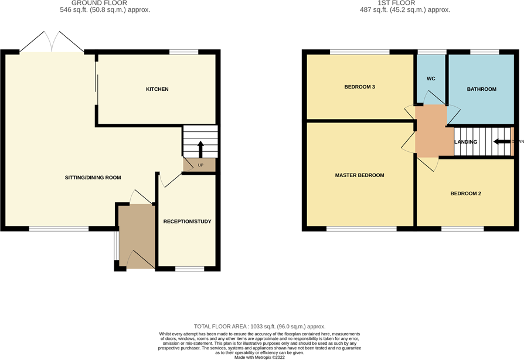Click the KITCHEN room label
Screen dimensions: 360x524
pyautogui.click(x=157, y=89)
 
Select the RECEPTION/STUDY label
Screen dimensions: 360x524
pyautogui.click(x=187, y=222)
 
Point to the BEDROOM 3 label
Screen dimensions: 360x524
pyautogui.click(x=359, y=87)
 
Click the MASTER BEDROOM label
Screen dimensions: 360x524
pyautogui.click(x=359, y=175)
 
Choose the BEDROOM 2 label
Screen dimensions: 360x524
pyautogui.click(x=465, y=193)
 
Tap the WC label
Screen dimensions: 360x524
pyautogui.click(x=431, y=78)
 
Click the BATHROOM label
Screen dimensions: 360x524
pyautogui.click(x=481, y=89)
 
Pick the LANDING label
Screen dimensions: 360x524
pyautogui.click(x=465, y=142)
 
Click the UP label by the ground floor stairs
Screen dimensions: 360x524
pyautogui.click(x=199, y=165)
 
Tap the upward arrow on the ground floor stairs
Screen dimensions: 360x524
pyautogui.click(x=199, y=148)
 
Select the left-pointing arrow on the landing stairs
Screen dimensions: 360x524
pyautogui.click(x=502, y=141)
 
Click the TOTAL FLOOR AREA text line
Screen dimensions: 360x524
pyautogui.click(x=259, y=326)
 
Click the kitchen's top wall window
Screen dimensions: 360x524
pyautogui.click(x=183, y=52)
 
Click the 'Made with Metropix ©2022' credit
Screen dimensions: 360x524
pyautogui.click(x=259, y=357)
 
